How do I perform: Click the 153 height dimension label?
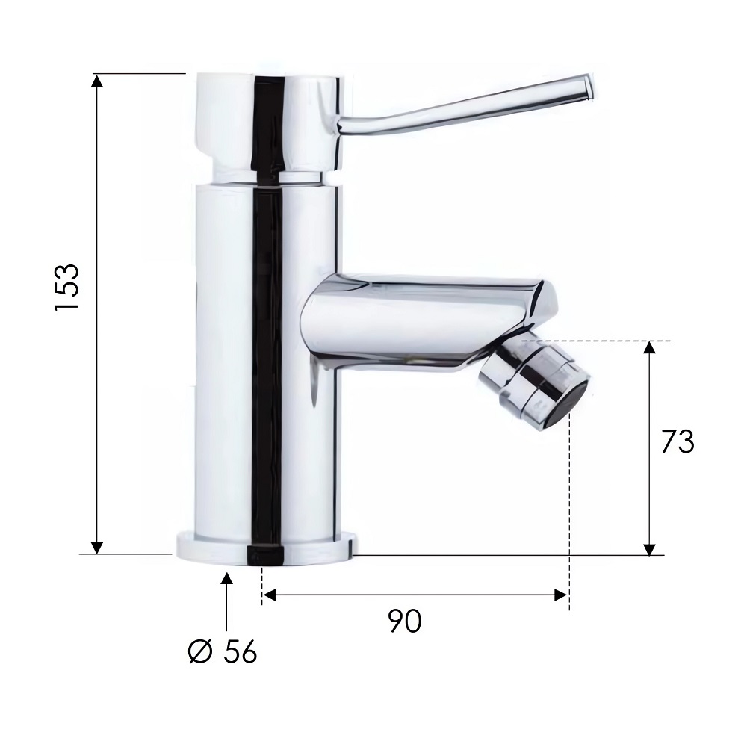coord(67,287)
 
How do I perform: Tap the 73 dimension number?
coord(678,441)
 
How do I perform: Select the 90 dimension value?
coord(404,621)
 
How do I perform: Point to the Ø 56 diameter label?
coord(223,651)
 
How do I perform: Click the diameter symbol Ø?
coord(200,651)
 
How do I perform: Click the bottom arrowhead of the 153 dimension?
coord(96,548)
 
